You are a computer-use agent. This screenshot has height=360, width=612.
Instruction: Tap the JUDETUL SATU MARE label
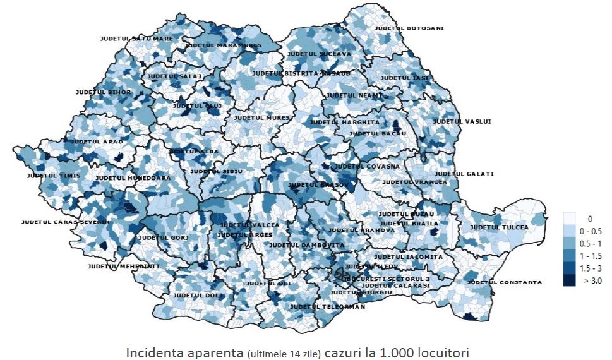(x=136, y=39)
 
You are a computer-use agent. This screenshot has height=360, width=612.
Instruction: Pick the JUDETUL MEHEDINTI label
(x=123, y=266)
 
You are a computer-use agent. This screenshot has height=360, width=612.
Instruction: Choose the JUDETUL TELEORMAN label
(x=327, y=307)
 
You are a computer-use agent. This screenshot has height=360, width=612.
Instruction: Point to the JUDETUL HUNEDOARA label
(x=133, y=178)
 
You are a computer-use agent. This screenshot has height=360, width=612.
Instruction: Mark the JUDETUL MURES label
(x=261, y=117)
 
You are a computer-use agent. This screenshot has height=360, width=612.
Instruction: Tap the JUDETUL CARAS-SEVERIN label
(x=65, y=222)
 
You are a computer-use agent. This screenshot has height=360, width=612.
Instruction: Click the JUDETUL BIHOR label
(x=103, y=92)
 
